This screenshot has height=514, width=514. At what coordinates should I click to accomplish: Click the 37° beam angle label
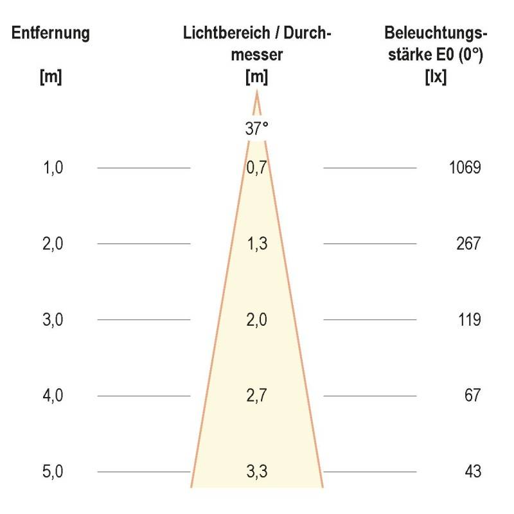coord(256,128)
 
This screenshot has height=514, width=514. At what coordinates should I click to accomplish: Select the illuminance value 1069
coord(465,168)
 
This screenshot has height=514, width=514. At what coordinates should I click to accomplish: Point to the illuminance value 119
coord(469,320)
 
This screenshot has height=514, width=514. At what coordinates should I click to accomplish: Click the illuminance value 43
coord(472,472)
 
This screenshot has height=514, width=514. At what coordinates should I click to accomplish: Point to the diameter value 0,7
coord(256,168)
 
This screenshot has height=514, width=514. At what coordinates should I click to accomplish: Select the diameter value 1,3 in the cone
coord(256,244)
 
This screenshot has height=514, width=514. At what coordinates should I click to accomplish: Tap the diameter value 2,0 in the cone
coord(256,320)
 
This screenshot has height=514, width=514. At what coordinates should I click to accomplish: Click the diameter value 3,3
coord(256,472)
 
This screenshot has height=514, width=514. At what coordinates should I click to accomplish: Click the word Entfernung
coord(50,33)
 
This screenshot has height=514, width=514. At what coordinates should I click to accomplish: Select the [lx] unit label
coord(436,78)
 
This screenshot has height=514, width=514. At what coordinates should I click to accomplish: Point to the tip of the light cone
coord(256,93)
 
